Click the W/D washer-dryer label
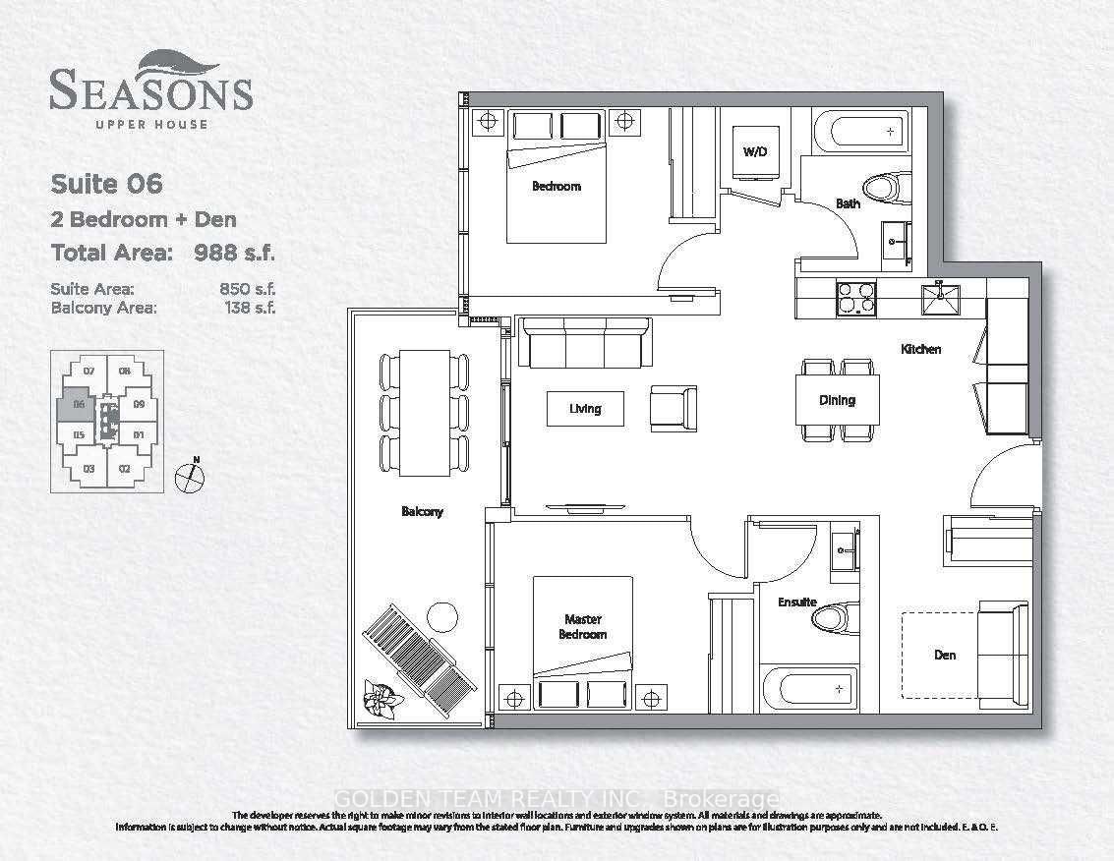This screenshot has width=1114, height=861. (755, 152)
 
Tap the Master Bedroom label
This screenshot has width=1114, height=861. (584, 627)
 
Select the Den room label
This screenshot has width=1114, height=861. (944, 655)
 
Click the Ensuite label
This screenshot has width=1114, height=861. (798, 602)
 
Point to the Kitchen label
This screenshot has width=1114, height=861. (921, 349)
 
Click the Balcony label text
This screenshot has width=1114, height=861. (422, 511)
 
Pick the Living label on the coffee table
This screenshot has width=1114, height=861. (585, 408)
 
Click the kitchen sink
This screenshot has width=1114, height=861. (938, 298)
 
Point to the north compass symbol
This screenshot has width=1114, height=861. (189, 478)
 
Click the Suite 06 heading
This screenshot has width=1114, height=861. (106, 184)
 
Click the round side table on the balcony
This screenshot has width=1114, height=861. (443, 617)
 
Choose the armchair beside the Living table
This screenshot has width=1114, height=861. (674, 407)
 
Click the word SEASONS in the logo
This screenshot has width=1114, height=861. (150, 92)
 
